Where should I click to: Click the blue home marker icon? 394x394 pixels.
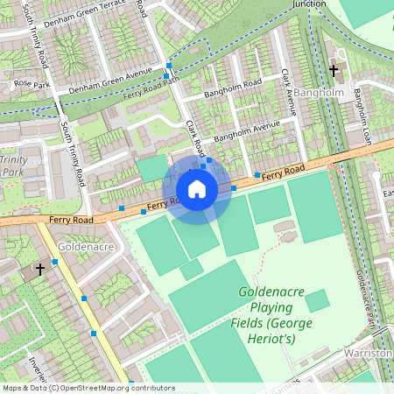tap(197, 189)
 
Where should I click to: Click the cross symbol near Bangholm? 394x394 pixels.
tap(333, 70)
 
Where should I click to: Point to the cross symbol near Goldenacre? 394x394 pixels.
tap(39, 270)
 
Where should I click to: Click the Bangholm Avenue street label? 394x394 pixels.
tap(247, 131)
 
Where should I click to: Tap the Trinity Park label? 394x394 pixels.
tap(14, 166)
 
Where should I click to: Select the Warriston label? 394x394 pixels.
tap(368, 353)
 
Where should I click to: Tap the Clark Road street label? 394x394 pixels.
tap(194, 135)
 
